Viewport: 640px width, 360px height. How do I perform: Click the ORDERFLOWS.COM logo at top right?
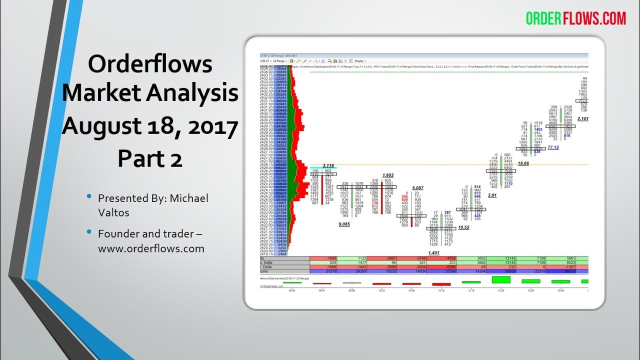575,18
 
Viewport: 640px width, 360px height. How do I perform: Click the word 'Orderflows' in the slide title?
150,64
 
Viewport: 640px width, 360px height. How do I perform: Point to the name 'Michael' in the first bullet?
189,198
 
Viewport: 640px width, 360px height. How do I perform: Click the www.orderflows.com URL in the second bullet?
151,248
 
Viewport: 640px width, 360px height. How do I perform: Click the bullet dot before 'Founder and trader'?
89,233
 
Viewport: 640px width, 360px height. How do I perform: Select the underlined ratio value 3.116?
328,165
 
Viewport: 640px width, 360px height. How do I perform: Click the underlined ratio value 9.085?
344,224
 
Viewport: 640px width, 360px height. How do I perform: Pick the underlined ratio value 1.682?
388,175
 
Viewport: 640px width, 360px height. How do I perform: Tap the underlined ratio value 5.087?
418,188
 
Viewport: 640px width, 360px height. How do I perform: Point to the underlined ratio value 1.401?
434,253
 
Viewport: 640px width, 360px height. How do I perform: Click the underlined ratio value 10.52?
463,227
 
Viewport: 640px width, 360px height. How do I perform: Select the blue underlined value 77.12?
553,148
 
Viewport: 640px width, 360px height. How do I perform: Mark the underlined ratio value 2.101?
583,119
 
